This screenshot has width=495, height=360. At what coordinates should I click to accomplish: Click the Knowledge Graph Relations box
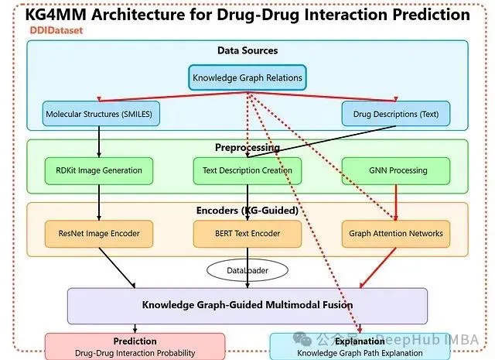coord(247,77)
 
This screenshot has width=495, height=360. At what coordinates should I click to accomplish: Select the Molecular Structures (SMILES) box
coord(99,114)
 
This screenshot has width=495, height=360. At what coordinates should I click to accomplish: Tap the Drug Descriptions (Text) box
coord(396,114)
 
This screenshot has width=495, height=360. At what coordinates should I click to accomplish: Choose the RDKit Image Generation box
coord(99,170)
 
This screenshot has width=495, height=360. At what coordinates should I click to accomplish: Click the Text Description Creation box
coord(247,170)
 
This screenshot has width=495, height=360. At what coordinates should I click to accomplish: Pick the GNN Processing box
coord(395,170)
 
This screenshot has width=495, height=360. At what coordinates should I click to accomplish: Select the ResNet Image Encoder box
coord(99,233)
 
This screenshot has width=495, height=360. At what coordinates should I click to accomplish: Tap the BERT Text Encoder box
coord(247,233)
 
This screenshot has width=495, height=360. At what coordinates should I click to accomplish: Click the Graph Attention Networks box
coord(395,233)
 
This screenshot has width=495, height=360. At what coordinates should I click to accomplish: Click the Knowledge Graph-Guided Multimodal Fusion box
coord(247,305)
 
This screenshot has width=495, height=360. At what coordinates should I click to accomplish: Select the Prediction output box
coord(135,346)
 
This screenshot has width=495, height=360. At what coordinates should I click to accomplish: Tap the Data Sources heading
coord(247,51)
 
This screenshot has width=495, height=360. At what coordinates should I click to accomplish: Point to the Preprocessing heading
coord(247,147)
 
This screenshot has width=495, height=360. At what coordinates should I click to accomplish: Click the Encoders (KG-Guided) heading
coord(247,209)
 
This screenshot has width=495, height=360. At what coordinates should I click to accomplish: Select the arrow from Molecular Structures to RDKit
coord(99,142)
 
